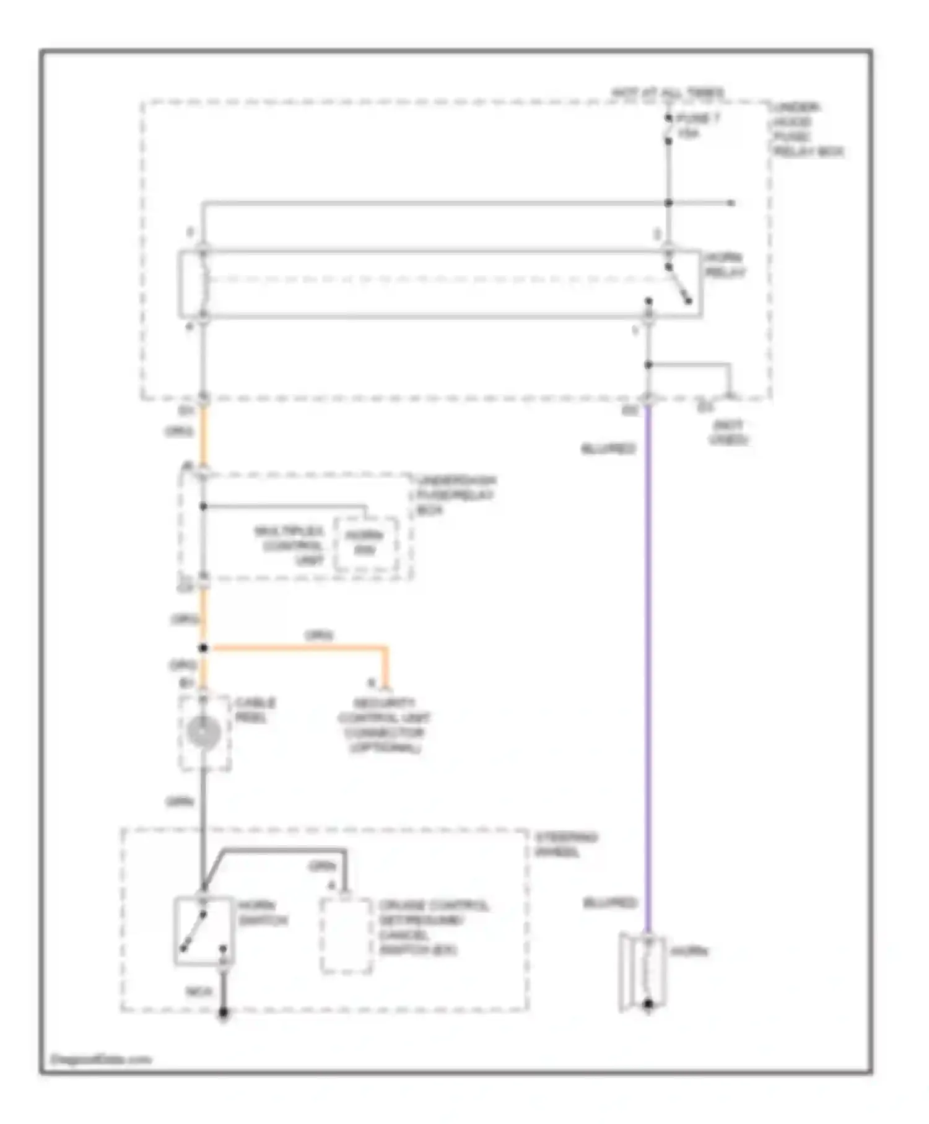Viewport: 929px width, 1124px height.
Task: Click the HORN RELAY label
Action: pos(725,265)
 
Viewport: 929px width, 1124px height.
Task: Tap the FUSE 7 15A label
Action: pos(697,125)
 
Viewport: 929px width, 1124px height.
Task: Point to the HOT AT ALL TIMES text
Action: pos(667,94)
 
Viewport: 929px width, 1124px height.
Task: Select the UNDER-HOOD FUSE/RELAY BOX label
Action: pos(806,130)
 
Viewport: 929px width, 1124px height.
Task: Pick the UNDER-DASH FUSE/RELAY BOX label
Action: pos(456,494)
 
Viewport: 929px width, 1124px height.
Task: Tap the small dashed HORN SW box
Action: pos(365,543)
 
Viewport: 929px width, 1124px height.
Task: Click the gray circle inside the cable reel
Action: pos(203,732)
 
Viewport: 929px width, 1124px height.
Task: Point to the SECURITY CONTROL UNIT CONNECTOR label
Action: pos(383,726)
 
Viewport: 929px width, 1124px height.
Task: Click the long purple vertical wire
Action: pos(648,669)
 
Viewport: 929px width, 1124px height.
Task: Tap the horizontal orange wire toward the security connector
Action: pos(297,648)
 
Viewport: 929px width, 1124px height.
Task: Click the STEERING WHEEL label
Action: pos(565,845)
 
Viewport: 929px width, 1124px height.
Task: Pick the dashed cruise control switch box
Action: pos(346,936)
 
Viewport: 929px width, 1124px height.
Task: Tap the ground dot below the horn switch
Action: pos(224,1013)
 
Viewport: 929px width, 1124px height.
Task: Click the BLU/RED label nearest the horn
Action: pos(609,903)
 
